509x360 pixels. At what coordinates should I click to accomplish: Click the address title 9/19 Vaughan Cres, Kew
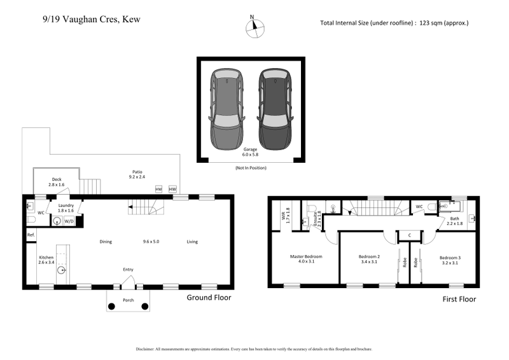click(82, 19)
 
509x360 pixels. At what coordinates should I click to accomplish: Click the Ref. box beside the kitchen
click(31, 235)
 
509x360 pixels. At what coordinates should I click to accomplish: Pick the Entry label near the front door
click(128, 270)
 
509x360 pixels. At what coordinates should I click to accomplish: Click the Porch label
click(128, 300)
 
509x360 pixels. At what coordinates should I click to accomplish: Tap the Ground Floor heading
click(208, 297)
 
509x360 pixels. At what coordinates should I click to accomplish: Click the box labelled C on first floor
click(408, 236)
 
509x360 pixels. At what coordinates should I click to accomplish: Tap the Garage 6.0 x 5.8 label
click(250, 151)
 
